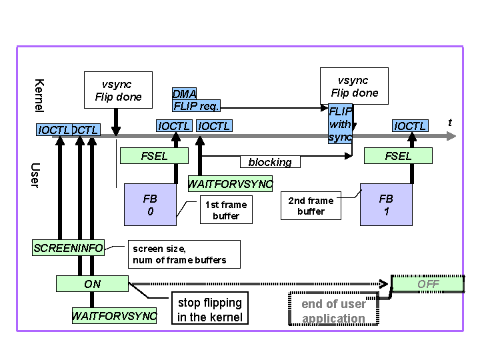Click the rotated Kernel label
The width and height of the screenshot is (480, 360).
pos(39,95)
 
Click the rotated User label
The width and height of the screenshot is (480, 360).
pos(35,175)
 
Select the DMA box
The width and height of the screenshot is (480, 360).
pos(185,94)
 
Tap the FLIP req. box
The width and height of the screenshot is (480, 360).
pos(196,105)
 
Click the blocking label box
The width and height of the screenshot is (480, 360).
pos(270,162)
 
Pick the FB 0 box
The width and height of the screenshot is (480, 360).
pos(151,205)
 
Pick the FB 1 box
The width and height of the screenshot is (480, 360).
pos(386,205)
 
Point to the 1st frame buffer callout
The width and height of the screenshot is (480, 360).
pos(226,210)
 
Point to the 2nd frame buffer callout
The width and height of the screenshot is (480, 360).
pos(311,206)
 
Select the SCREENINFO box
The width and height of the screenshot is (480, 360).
pos(69,248)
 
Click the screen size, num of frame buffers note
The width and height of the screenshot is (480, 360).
pos(184,254)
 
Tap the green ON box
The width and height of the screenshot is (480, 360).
pos(93,284)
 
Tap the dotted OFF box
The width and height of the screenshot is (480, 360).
pos(428,284)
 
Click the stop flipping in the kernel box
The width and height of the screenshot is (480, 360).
pos(210,310)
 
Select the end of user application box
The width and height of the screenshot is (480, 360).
pos(333,311)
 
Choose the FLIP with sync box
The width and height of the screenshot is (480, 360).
pos(340,124)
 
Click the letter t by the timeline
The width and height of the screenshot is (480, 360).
pos(450,123)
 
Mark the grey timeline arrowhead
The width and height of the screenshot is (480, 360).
pos(451,136)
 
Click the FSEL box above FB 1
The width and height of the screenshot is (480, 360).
pos(398,156)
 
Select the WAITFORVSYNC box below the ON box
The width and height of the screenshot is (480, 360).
pos(114,315)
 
